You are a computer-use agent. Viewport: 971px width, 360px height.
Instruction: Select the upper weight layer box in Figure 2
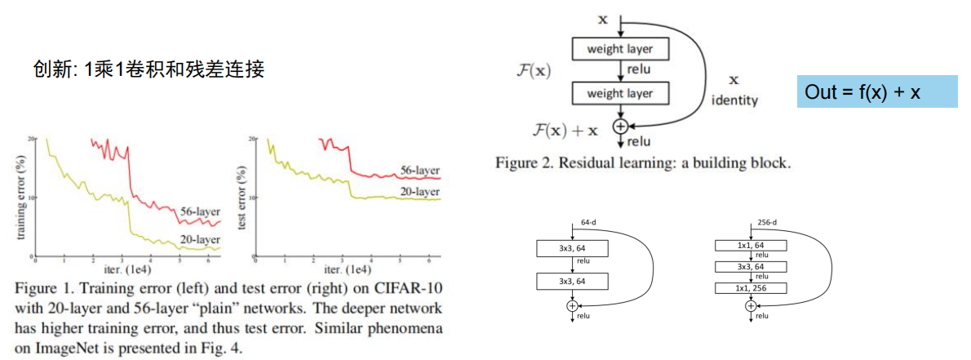pos(619,49)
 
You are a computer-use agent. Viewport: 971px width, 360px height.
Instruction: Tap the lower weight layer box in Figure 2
pos(619,94)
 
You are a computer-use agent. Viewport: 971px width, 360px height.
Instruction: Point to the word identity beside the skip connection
pos(734,100)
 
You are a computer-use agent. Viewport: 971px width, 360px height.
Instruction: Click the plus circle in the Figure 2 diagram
pos(619,126)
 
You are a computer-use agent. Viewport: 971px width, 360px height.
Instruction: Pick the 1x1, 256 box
pos(751,288)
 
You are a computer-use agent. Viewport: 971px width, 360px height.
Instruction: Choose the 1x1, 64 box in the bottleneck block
pos(751,245)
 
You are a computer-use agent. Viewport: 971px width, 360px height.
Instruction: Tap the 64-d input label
pos(590,222)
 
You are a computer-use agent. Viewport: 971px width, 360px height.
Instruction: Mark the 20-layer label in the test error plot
pos(420,191)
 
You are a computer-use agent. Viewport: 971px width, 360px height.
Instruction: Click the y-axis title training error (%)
pos(22,198)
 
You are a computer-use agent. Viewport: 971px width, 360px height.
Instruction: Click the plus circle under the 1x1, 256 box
pos(751,305)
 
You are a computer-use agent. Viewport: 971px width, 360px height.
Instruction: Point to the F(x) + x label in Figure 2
pos(564,128)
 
